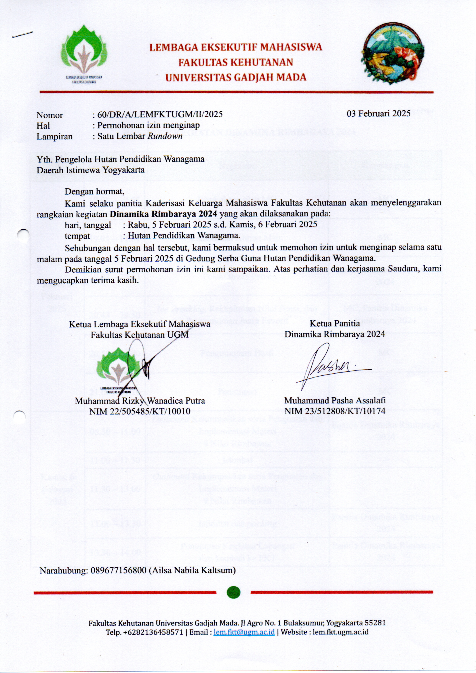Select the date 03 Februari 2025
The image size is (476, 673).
point(378,113)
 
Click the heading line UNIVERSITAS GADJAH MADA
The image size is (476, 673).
point(236,77)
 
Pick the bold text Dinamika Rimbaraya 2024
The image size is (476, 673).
point(163,214)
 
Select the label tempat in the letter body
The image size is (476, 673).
point(77,235)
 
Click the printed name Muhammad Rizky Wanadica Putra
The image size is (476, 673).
point(140,401)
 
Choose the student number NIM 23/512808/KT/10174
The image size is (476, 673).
point(335,411)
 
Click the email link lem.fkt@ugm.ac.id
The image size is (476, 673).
point(244,632)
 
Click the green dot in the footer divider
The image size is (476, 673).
point(234,592)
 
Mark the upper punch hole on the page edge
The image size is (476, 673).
point(23,235)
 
